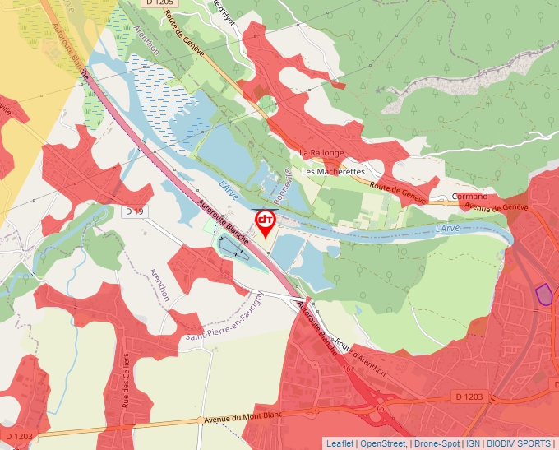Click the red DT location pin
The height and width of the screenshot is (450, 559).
tap(266, 222)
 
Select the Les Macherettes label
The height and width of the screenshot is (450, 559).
tap(333, 172)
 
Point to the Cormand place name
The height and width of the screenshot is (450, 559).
tap(469, 197)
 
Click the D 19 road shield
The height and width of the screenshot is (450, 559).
tap(134, 211)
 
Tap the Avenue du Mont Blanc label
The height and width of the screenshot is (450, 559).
tap(242, 417)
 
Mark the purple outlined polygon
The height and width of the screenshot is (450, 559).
tap(543, 294)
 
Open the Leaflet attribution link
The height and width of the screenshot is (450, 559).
tap(340, 443)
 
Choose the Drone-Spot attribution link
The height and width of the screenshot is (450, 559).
tap(437, 443)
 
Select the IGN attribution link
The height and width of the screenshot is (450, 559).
tap(473, 443)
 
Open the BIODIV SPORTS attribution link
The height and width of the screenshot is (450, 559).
tap(519, 443)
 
